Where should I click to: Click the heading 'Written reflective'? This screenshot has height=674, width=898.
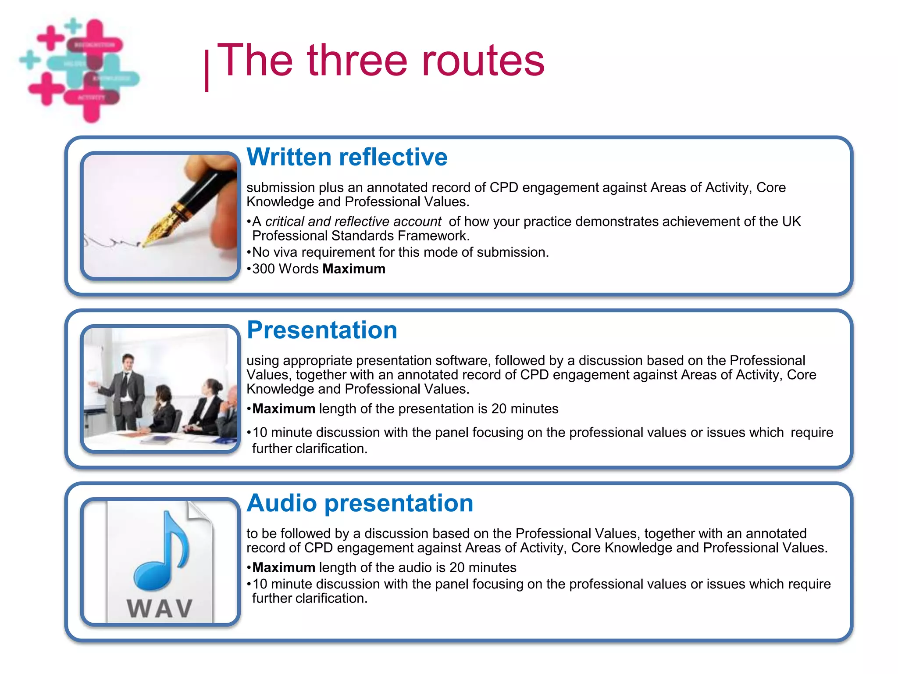point(347,157)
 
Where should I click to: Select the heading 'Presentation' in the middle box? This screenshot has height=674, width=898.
point(322,330)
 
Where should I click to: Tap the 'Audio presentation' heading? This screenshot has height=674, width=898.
point(360,503)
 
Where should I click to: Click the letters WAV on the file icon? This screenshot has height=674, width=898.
point(160,609)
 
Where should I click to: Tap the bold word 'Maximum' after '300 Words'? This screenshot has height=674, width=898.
point(353,269)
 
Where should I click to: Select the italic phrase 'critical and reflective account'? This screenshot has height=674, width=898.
point(353,222)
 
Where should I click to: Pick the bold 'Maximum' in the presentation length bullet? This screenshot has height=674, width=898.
point(284,409)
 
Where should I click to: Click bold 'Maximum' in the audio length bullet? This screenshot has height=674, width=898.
point(284,568)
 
